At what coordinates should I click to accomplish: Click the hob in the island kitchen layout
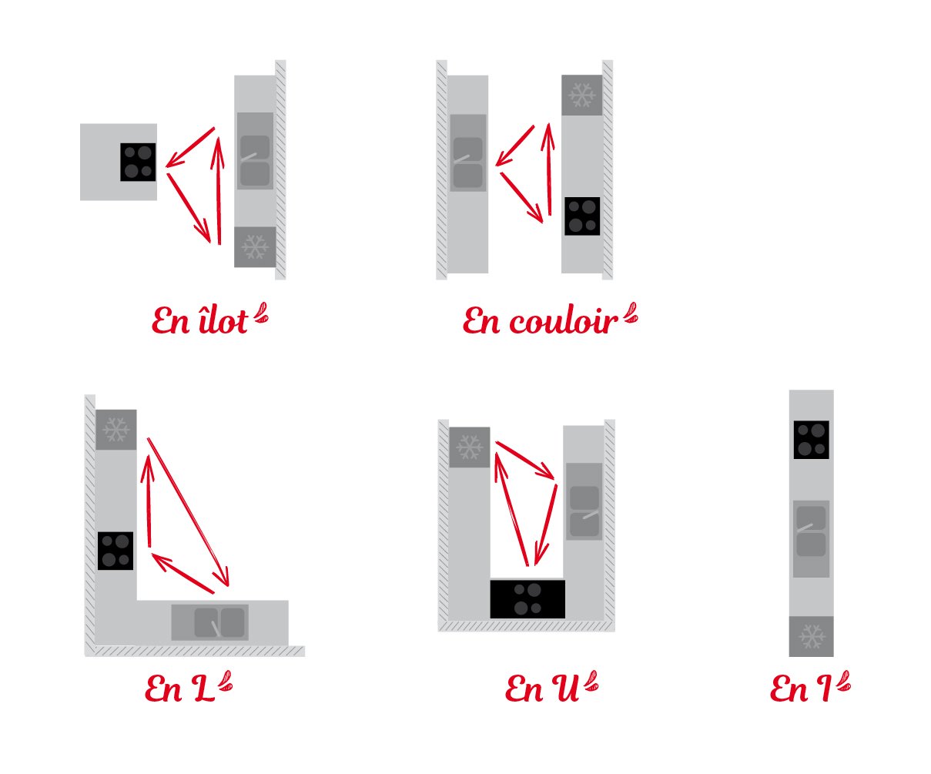point(138,162)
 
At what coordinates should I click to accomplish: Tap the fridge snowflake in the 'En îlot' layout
point(255,247)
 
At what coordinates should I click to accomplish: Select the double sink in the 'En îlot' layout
point(255,151)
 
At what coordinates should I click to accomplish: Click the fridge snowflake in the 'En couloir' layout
point(582,95)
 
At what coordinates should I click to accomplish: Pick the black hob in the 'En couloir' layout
point(582,216)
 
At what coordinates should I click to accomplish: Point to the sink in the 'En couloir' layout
point(467,153)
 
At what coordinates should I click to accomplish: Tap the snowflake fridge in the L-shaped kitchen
point(116,430)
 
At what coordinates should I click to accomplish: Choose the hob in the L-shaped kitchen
point(116,551)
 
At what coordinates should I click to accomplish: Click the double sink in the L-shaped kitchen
point(210,622)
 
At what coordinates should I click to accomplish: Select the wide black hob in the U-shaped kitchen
point(527,599)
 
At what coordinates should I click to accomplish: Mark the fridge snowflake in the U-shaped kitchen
point(470,447)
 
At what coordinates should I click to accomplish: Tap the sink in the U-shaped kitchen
point(584,501)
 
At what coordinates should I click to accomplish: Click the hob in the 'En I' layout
point(811,440)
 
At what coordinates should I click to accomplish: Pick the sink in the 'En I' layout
point(811,539)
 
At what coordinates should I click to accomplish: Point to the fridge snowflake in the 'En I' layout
point(811,636)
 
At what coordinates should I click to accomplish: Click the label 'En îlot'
point(199,320)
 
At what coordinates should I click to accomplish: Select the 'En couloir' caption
point(540,320)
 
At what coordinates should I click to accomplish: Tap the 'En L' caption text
point(179,689)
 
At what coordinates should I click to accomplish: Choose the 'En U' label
point(542,689)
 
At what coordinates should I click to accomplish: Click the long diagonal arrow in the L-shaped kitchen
point(188,512)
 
